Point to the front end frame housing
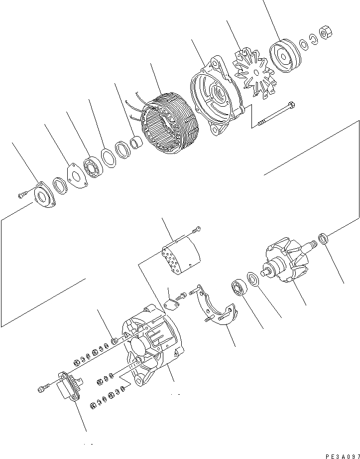pos(214,100)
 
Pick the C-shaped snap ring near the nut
pos(313,41)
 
